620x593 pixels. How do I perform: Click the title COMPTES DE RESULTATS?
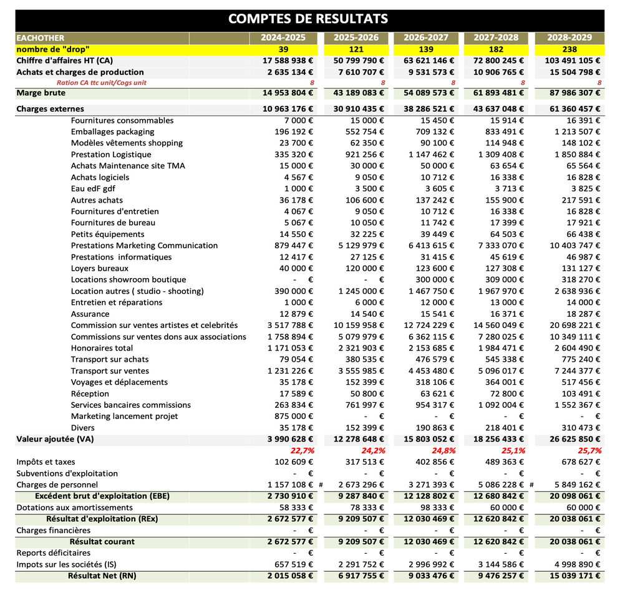[308, 19]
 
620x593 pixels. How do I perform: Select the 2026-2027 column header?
[426, 37]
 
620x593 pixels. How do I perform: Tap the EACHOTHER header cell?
[41, 38]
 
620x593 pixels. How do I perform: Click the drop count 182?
[496, 49]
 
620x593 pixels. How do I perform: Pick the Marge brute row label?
[41, 93]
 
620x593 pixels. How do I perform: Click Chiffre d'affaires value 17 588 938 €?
[288, 61]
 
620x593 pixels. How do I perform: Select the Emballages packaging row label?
[113, 132]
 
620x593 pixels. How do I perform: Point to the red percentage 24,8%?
[443, 451]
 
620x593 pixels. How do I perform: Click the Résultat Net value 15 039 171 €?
[574, 576]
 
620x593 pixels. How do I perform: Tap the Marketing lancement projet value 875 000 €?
[293, 417]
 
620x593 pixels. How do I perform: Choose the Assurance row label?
[90, 314]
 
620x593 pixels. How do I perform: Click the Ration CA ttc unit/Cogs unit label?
[101, 83]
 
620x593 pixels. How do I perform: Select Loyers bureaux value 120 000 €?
[364, 268]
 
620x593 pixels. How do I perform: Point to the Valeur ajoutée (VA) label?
[55, 439]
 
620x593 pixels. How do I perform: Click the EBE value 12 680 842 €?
[498, 496]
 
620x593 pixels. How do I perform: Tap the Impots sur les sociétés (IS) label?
[66, 564]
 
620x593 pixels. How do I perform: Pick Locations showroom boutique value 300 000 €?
[435, 280]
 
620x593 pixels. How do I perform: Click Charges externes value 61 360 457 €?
[574, 109]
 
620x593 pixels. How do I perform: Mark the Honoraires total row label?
[102, 349]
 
